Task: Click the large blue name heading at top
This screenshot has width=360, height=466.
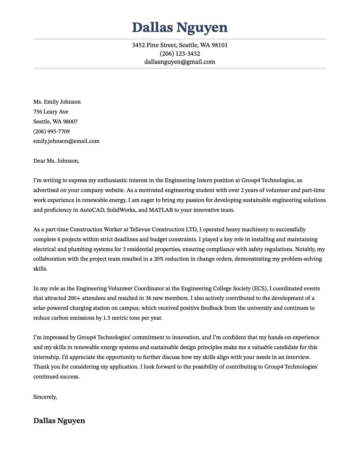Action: pos(180,28)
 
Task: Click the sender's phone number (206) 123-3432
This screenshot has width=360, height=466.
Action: pos(180,54)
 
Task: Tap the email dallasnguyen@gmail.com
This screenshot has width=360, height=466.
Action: pos(180,62)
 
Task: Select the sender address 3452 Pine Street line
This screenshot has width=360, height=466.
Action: pos(180,45)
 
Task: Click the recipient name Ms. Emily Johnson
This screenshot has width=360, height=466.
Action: pos(57,102)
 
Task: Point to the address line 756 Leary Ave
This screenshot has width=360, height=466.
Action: pos(51,112)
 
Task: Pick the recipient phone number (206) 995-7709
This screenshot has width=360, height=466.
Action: pos(51,132)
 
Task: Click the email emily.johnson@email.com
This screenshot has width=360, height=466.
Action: pos(66,141)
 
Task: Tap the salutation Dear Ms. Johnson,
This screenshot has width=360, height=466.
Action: pos(56,161)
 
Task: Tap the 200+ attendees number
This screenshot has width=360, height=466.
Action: pos(74,298)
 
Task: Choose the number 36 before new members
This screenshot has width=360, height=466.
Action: pos(149,298)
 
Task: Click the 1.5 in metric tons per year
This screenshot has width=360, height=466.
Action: pos(107,318)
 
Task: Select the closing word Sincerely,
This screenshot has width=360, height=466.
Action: pos(45,397)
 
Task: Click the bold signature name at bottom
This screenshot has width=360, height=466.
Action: pos(59,421)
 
